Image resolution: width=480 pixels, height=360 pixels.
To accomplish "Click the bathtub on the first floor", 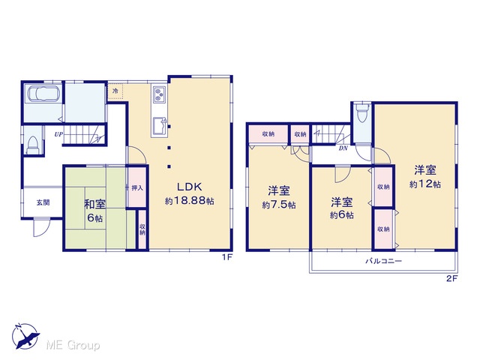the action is pos(43,93).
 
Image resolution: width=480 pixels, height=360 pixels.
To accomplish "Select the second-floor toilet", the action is pos(361,112).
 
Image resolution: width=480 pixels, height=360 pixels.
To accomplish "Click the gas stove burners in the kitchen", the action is pos(159,94).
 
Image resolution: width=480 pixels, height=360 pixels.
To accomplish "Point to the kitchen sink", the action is pos(159,125).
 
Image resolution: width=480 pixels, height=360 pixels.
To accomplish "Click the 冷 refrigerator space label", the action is pos(115,91).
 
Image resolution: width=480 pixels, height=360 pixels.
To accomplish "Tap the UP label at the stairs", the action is pos(58,134).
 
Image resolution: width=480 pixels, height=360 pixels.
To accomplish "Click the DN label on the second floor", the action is pos(343,148).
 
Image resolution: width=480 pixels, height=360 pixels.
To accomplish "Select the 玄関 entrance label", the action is pos(43,202).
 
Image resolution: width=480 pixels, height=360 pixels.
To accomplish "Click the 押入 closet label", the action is pos(137,187).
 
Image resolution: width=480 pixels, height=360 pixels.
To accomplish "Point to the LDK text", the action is pos(190,187).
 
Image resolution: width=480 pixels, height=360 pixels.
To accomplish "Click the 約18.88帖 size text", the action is pos(190,201).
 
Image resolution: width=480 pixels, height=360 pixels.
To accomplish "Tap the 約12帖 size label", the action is pos(425,184).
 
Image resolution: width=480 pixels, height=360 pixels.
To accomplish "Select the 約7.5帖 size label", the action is pos(279,205).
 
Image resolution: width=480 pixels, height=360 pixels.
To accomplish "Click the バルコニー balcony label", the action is pos(383,261).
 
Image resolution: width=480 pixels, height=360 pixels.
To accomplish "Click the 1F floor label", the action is pos(227,257).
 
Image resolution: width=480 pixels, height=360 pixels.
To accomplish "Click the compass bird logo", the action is pos(25,337).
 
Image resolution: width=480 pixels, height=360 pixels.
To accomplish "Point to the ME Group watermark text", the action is pos(73,346).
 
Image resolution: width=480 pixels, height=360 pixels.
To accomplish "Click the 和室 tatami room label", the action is pos(94,204).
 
